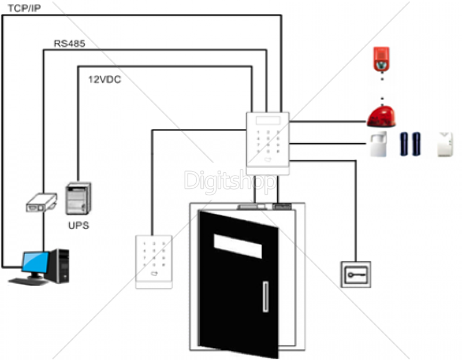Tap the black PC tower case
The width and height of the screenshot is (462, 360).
[x=62, y=265]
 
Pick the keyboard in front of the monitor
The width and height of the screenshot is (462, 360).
[x=29, y=281]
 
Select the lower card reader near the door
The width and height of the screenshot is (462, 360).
[x=155, y=261]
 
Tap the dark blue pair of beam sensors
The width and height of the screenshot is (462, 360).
[x=411, y=144]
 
